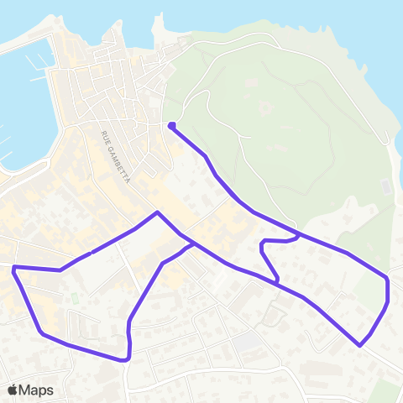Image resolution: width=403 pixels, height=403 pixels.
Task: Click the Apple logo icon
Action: click(x=12, y=390)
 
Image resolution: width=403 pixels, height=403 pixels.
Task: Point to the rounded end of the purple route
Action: click(x=171, y=126)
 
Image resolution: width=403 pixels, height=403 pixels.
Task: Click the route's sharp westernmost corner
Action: click(x=14, y=268)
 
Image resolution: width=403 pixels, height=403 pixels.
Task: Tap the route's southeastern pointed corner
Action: click(x=360, y=345)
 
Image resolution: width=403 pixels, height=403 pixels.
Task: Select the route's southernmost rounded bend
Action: click(x=126, y=359)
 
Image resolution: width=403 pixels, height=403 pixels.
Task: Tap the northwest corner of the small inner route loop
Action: click(x=263, y=242)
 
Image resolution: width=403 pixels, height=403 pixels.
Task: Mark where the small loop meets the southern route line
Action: click(x=277, y=281)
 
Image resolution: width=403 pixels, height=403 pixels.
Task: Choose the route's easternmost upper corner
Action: click(x=387, y=277)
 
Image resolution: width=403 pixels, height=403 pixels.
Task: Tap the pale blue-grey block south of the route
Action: click(x=247, y=343)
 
